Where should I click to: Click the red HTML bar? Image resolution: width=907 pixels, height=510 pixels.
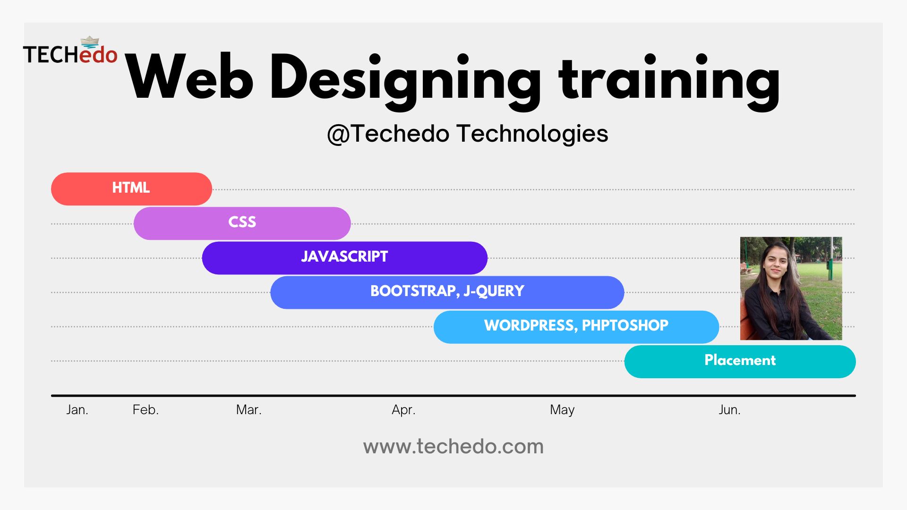click(131, 189)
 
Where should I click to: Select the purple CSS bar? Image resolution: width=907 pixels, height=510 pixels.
click(242, 223)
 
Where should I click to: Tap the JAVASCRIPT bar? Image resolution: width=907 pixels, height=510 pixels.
click(344, 258)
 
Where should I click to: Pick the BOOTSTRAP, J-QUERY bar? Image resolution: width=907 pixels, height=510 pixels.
click(447, 292)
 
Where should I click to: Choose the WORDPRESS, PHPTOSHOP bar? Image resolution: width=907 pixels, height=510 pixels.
click(576, 327)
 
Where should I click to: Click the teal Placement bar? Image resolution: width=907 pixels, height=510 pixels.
click(740, 361)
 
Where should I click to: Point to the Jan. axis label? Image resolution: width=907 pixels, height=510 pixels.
click(77, 409)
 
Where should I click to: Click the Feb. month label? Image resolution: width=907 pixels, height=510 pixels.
click(145, 409)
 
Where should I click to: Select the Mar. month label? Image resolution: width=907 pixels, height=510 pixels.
click(248, 409)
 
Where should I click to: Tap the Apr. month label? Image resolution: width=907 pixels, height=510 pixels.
click(403, 410)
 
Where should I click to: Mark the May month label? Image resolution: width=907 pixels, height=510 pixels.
click(562, 410)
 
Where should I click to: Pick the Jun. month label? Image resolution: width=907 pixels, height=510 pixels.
click(729, 409)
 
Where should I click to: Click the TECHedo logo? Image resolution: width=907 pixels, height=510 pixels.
click(70, 51)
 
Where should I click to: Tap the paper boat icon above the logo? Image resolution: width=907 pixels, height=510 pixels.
click(90, 42)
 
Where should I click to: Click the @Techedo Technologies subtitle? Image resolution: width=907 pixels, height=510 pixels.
click(468, 134)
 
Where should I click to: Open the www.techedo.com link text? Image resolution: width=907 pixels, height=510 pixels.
click(453, 447)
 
